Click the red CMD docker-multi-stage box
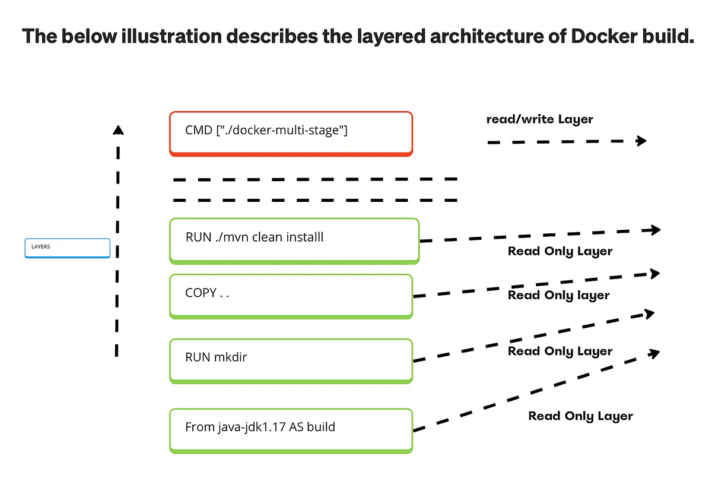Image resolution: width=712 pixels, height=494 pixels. click(x=291, y=134)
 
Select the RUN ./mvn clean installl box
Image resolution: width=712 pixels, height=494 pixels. click(x=294, y=240)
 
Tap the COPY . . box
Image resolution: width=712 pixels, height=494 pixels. click(x=291, y=295)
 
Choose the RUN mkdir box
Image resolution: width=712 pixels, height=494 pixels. click(x=291, y=359)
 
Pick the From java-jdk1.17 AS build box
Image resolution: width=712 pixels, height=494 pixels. click(x=291, y=430)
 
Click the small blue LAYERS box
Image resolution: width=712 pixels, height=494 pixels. click(x=67, y=248)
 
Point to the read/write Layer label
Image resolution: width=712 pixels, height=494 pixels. click(x=539, y=119)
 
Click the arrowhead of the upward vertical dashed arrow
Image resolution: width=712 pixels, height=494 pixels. click(x=118, y=129)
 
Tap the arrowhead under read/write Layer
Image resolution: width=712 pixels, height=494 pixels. click(x=641, y=141)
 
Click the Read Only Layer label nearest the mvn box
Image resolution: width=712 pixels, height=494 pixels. click(x=560, y=251)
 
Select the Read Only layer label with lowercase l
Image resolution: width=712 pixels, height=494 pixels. click(x=558, y=295)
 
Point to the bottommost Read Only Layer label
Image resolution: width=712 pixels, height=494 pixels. click(x=580, y=416)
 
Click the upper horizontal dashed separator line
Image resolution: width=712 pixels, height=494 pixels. click(x=314, y=179)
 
